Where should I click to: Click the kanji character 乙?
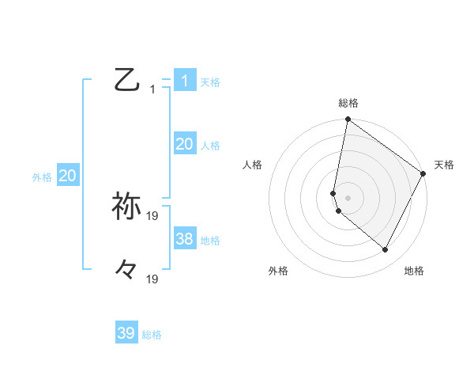coord(126,80)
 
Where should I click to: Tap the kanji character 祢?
coord(126,206)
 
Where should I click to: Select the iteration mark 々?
coord(126,269)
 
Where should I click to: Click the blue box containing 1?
coord(184,80)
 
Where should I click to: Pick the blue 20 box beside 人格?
coord(184,144)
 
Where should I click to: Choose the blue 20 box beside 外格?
coord(67,177)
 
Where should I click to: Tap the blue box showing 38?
coord(184,239)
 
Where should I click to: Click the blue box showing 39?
coord(126,333)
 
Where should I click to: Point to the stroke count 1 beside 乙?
coord(152,89)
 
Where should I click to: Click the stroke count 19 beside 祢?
coord(152,215)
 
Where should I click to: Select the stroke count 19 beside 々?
coord(152,279)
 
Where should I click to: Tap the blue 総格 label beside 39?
coord(152,335)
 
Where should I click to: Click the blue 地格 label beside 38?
coord(210,241)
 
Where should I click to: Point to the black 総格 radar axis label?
coord(348,103)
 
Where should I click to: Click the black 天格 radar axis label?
coord(444,165)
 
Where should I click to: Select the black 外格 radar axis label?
coord(278,271)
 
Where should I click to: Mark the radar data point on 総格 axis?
coord(348,120)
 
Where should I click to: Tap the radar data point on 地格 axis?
coord(385,250)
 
